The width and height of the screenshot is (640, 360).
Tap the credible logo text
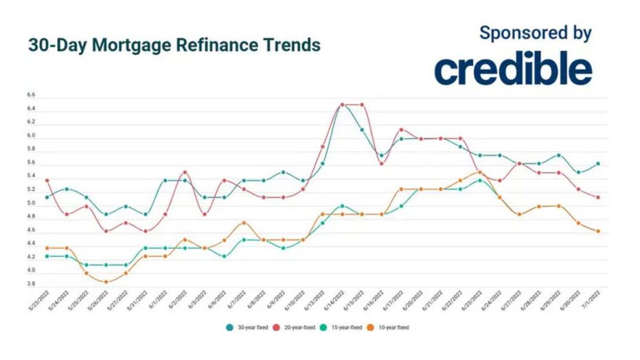(513, 69)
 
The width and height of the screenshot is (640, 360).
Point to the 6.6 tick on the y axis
(32, 95)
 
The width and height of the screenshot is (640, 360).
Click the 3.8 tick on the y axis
(32, 283)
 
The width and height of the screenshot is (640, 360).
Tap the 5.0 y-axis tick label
(32, 203)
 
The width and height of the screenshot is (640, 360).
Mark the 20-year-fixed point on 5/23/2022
(46, 181)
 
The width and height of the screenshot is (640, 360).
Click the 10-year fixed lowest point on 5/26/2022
(106, 282)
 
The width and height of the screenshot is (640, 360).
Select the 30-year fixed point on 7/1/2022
(598, 164)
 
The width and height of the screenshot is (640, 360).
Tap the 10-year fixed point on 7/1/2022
(598, 232)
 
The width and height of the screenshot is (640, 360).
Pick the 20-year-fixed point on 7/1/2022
(598, 197)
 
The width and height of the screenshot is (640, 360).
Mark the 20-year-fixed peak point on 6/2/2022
(185, 172)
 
